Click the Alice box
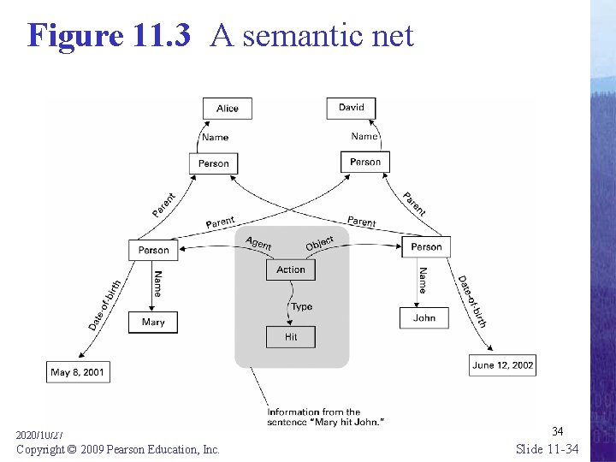coord(227,109)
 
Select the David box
coord(351,108)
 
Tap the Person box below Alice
coord(213,163)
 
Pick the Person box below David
coord(365,162)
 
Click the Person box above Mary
coord(153,250)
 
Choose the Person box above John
coord(426,247)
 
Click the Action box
coord(291,269)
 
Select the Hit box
coord(291,337)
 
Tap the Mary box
coord(153,323)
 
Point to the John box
coord(424,318)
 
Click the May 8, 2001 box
coord(77,372)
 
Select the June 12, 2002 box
coord(502,365)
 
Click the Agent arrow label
coord(258,243)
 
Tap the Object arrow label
coord(320,243)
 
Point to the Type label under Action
coord(301,306)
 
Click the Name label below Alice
coord(215,137)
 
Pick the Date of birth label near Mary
coord(105,305)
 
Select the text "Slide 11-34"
coord(547,448)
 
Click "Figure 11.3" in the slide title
coord(109,36)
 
